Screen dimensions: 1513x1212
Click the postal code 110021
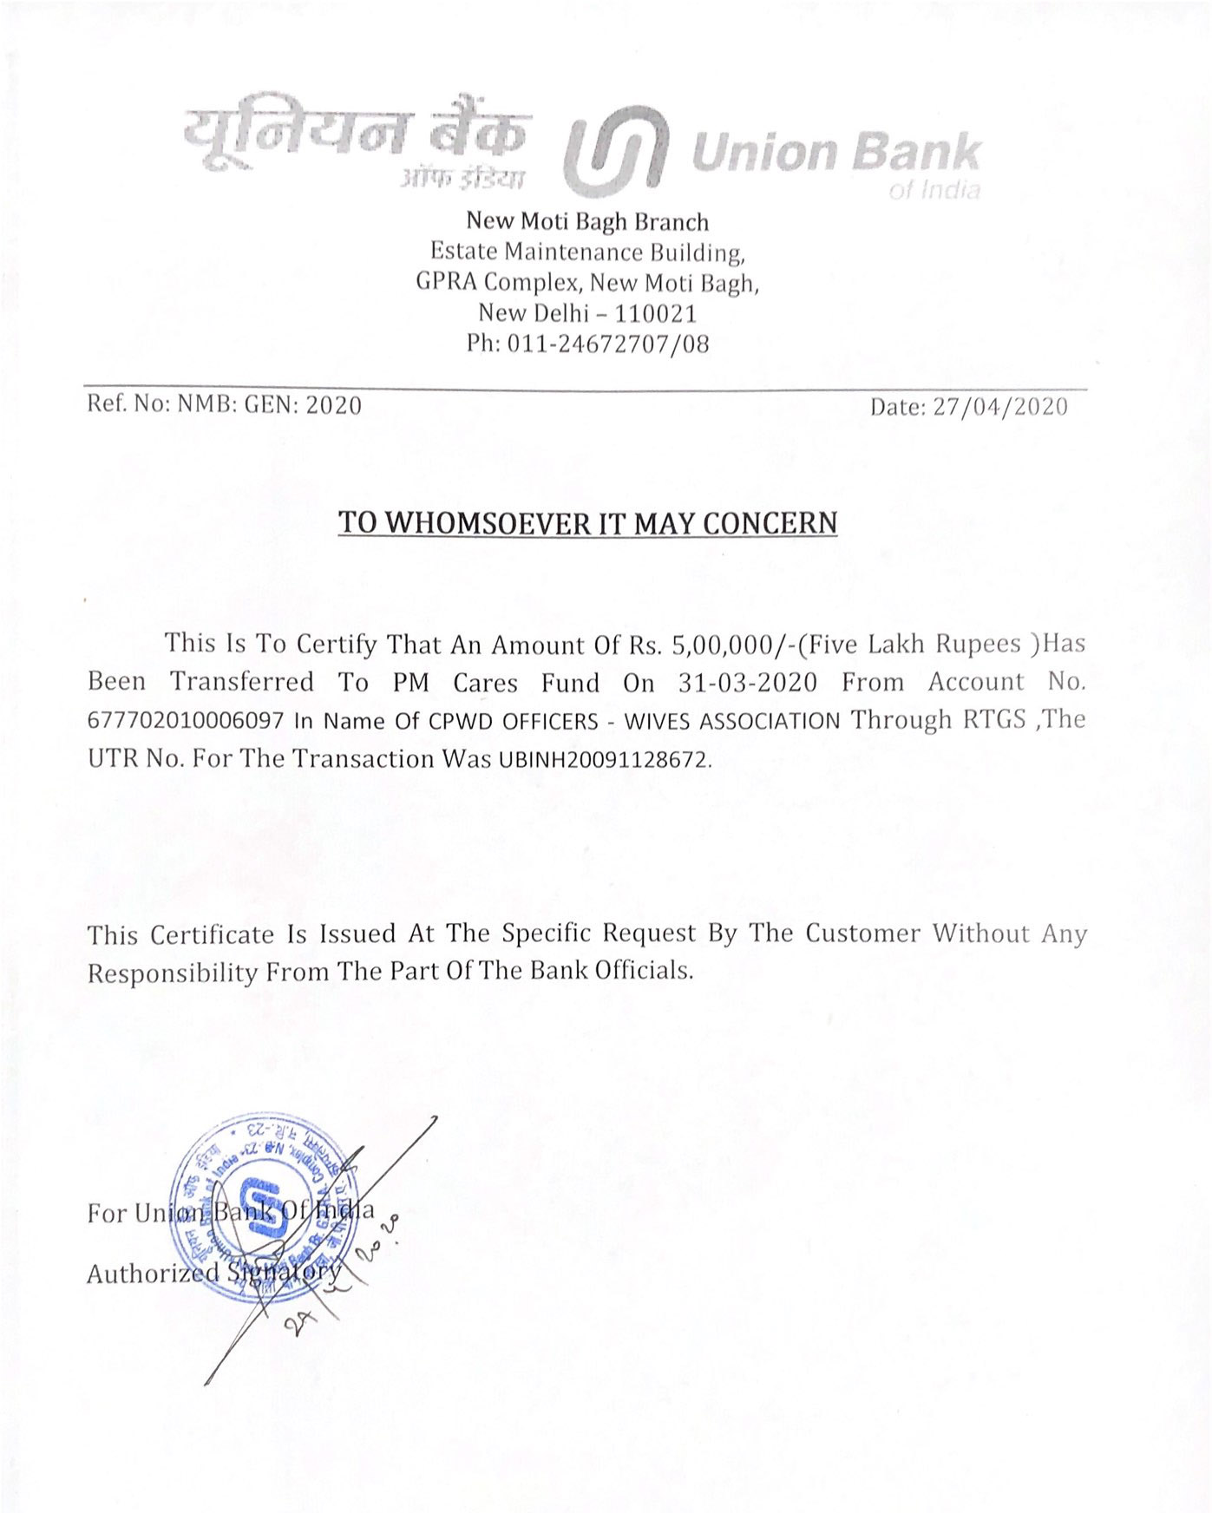point(655,313)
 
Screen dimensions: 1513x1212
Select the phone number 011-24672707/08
point(607,344)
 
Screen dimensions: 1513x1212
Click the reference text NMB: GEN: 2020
point(269,405)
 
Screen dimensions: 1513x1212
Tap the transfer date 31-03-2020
point(747,683)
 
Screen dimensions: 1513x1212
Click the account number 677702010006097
point(186,722)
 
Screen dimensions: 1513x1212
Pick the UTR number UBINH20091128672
point(604,760)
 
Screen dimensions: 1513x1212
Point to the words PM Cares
point(455,683)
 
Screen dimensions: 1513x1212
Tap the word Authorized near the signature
point(152,1274)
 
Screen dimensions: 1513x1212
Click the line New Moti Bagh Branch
point(587,222)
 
